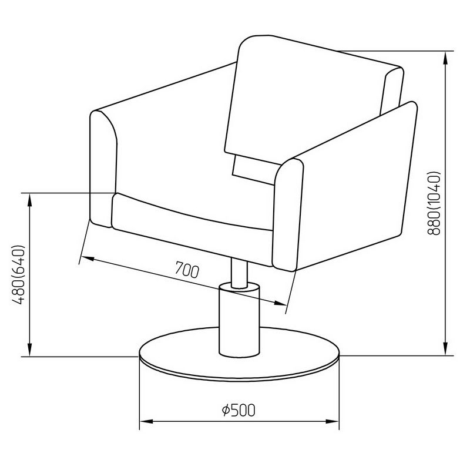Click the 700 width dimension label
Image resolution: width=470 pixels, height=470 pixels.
tap(187, 270)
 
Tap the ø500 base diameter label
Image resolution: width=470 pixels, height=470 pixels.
tap(239, 410)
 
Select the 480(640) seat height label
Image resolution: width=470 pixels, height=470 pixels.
tap(19, 274)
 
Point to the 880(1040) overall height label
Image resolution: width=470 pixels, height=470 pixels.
tap(434, 203)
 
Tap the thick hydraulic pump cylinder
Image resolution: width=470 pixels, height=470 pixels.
tap(240, 320)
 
